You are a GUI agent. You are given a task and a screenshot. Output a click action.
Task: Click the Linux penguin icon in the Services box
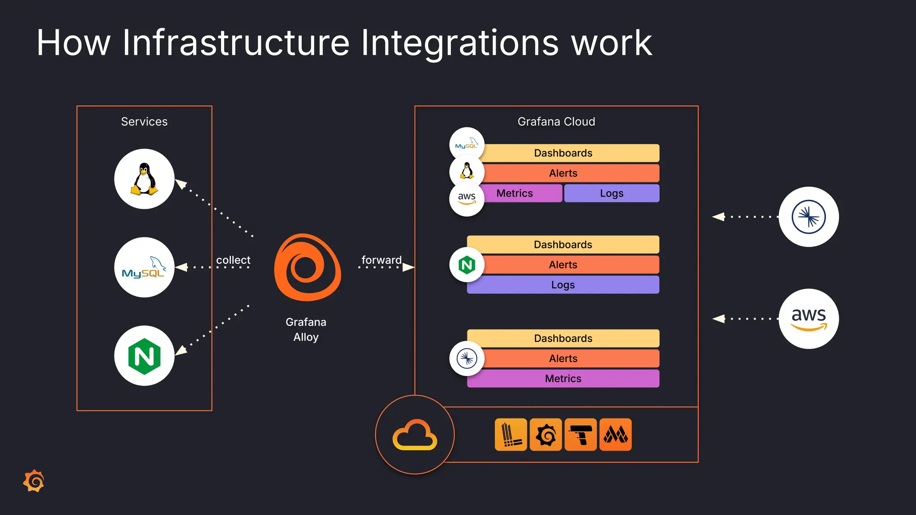point(144,179)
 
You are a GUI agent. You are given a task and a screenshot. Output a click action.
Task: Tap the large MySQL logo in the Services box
point(144,267)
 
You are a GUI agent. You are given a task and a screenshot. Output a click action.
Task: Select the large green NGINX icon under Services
point(144,356)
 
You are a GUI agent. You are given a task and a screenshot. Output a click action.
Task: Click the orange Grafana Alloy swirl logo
point(307,267)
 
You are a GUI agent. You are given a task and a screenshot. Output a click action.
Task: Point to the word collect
point(233,260)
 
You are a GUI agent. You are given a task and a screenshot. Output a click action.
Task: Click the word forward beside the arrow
point(381,260)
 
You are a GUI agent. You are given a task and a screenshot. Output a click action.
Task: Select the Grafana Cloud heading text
point(556,122)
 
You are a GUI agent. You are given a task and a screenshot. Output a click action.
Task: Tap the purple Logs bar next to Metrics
point(611,193)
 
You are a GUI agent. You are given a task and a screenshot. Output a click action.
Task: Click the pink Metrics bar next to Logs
point(521,193)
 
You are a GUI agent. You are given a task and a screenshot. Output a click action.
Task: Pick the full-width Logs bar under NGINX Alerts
point(563,285)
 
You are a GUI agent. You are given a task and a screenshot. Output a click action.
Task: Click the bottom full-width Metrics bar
point(563,379)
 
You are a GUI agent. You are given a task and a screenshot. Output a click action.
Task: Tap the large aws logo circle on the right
point(808,319)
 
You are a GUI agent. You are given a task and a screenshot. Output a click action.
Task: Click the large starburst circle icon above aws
point(808,217)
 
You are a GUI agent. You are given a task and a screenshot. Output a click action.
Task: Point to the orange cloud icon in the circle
point(415,435)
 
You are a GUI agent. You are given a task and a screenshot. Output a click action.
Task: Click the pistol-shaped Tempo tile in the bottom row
point(581,435)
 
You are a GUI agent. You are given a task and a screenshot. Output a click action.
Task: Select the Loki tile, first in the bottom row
point(511,435)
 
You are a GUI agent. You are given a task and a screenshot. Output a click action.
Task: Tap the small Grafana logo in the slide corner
point(34,481)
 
